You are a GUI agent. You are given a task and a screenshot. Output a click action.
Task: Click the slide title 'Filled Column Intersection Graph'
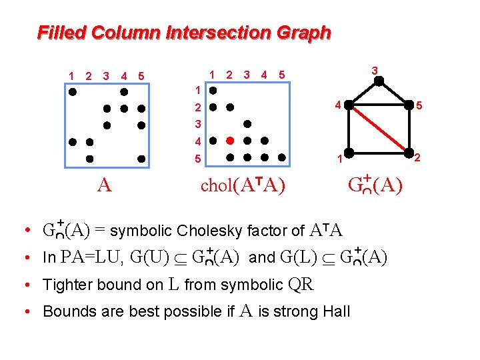[x=184, y=32]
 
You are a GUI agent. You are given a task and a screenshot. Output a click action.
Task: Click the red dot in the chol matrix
[x=229, y=141]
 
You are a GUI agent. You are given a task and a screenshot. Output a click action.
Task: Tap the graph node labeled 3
[x=378, y=81]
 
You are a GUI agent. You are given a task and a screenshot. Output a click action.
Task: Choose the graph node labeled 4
[x=348, y=105]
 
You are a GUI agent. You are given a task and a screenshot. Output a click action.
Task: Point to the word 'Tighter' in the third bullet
[x=66, y=285]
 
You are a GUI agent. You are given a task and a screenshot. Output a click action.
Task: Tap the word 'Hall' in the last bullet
[x=336, y=311]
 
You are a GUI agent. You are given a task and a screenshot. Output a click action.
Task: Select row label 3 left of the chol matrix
[x=197, y=124]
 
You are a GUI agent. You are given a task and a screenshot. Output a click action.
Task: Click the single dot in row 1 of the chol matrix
[x=213, y=89]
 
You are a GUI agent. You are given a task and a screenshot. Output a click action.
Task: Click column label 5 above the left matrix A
[x=141, y=76]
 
